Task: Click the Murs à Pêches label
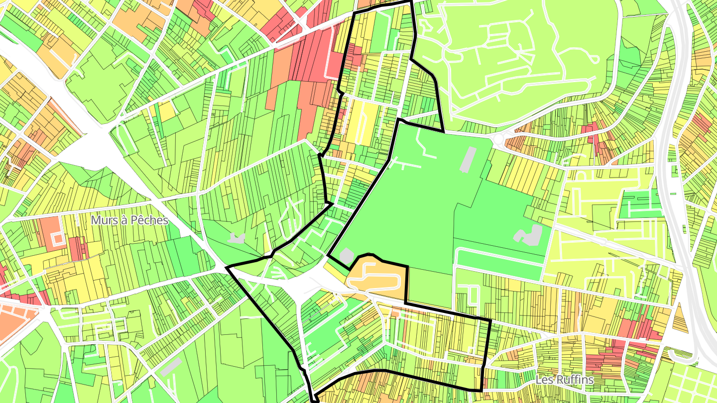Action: pos(129,220)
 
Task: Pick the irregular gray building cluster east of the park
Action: pos(528,235)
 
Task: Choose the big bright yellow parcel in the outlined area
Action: pos(359,122)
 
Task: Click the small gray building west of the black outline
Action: pos(236,237)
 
